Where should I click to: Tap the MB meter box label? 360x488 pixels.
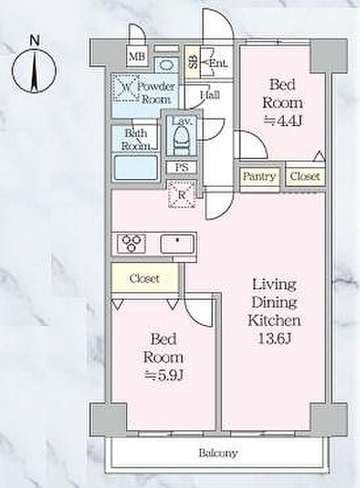tap(137, 57)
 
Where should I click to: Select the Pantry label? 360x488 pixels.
tap(259, 176)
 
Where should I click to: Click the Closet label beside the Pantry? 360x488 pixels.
tap(305, 176)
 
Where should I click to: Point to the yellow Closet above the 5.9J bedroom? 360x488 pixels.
tap(145, 277)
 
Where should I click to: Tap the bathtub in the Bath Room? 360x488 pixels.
tap(136, 168)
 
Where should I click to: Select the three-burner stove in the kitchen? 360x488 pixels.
tap(131, 243)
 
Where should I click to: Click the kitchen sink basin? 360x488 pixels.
tap(177, 244)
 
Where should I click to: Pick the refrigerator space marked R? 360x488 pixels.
tap(182, 194)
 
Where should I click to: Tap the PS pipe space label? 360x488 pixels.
tap(181, 167)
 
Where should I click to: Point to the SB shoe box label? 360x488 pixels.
tap(193, 62)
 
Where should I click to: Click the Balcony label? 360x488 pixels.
tap(219, 453)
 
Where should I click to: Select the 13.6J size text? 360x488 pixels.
tap(275, 338)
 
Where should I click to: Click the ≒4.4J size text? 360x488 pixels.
tap(282, 120)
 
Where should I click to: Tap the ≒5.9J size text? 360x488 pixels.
tap(163, 375)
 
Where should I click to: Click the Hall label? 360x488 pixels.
tap(210, 94)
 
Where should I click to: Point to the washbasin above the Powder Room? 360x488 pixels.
tap(167, 65)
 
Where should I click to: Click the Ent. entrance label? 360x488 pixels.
tap(218, 63)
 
